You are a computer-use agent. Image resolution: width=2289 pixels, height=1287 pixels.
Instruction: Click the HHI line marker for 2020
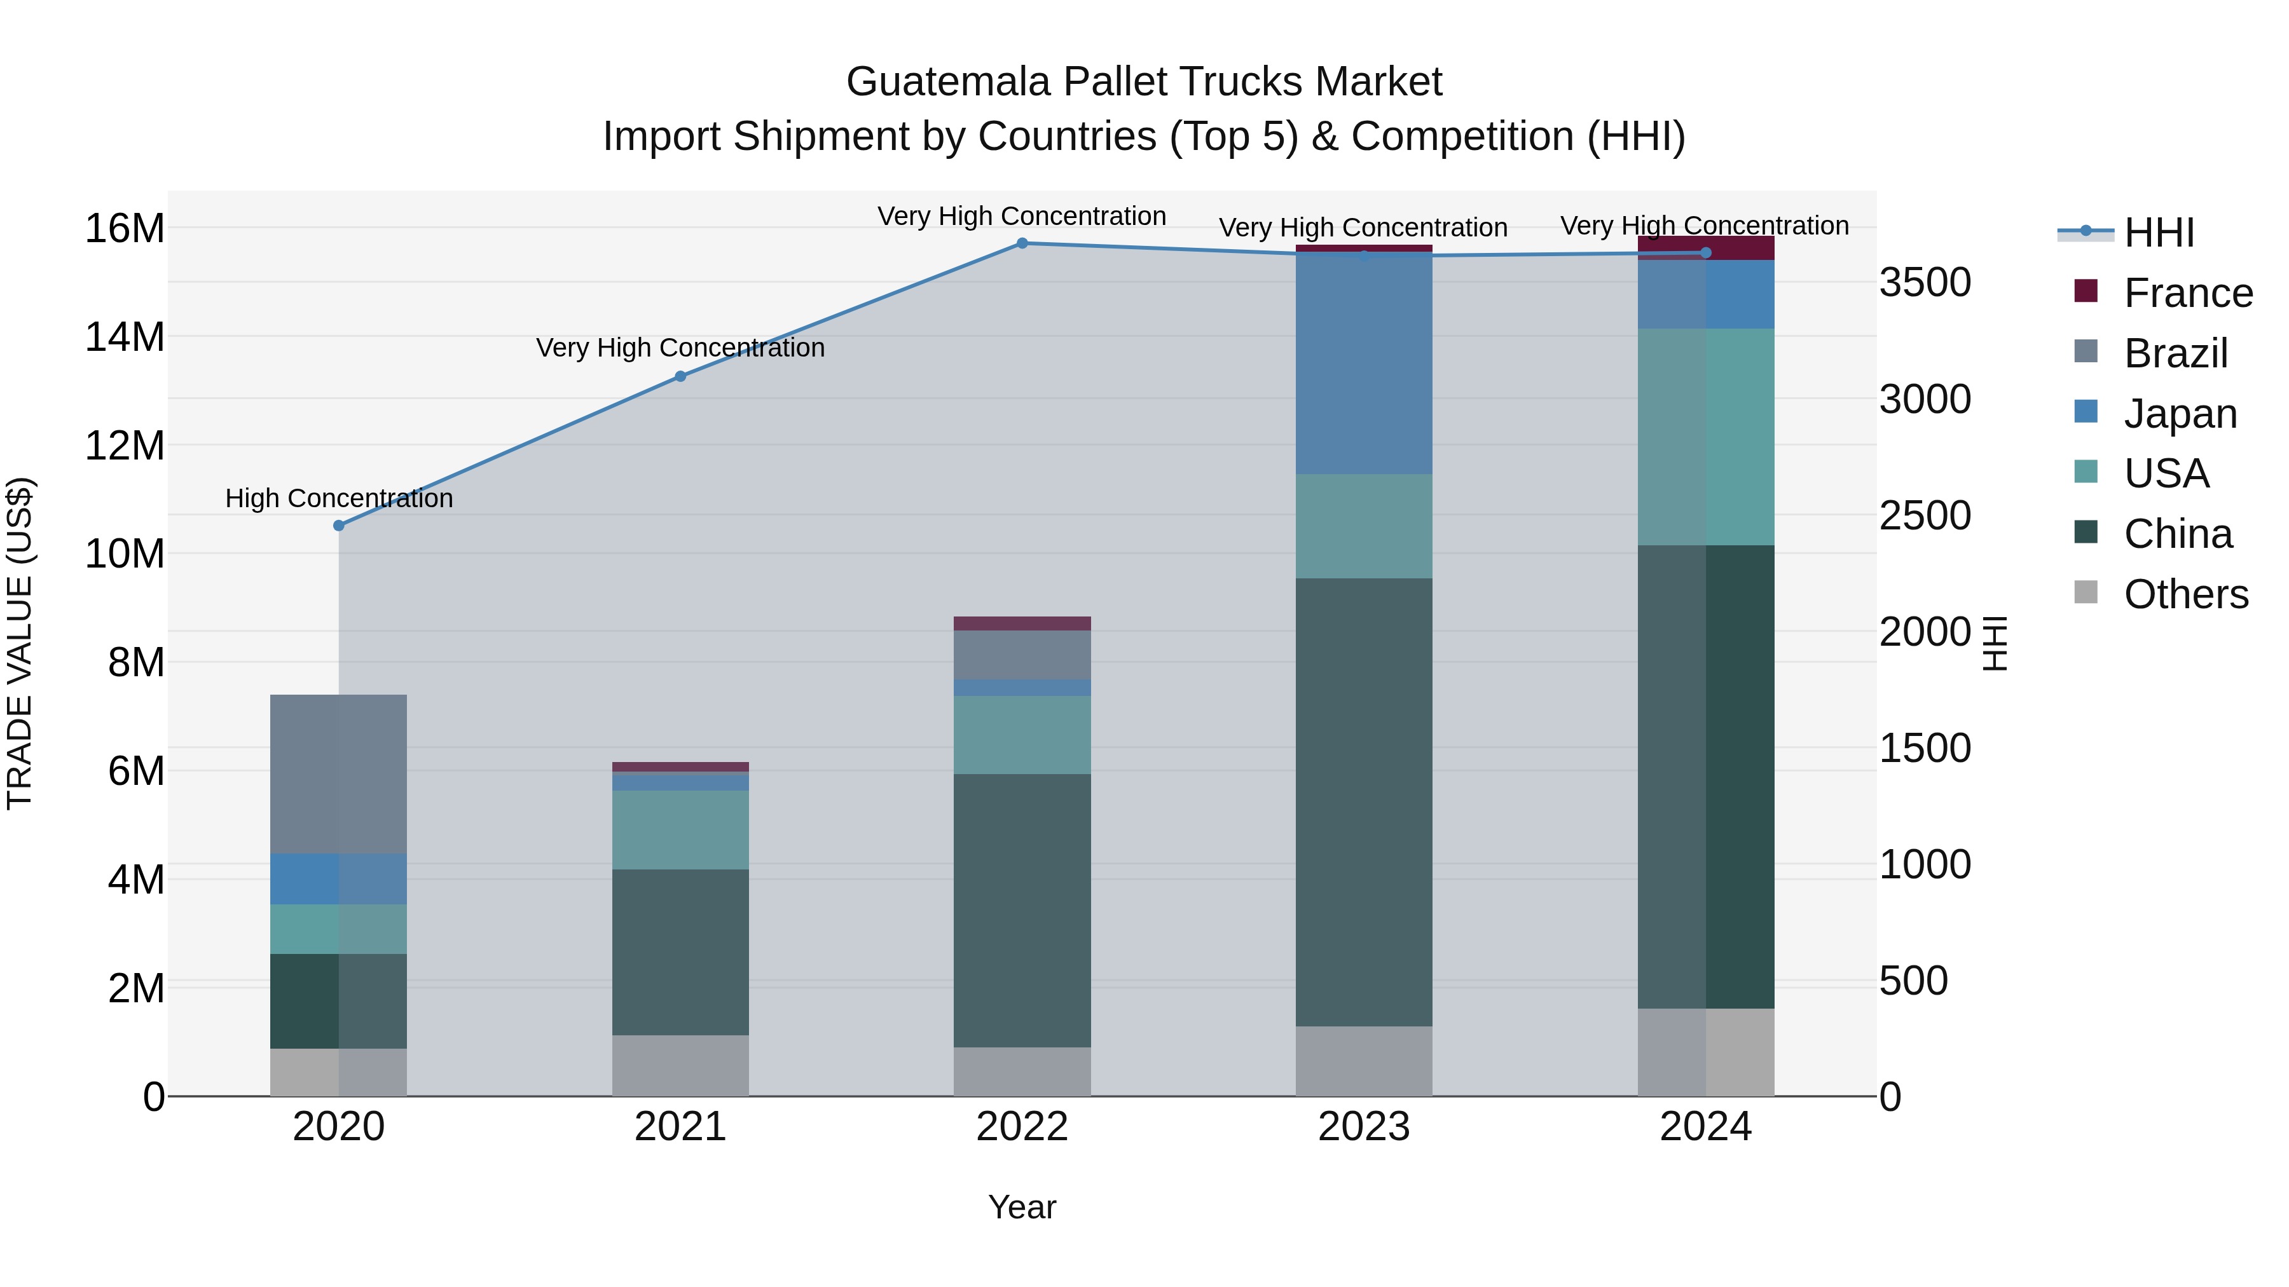(x=338, y=526)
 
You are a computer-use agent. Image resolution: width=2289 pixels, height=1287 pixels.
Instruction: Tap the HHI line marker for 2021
(x=680, y=377)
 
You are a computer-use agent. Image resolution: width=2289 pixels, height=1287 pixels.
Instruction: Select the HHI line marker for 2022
(x=1022, y=243)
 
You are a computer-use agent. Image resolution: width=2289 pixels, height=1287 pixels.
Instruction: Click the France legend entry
(x=2188, y=293)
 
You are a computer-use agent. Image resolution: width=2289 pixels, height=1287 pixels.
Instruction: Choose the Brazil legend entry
(x=2175, y=353)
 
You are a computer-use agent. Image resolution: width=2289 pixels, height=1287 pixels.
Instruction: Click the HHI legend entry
(x=2159, y=233)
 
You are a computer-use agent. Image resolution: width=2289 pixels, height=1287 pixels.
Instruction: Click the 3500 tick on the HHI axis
(x=1925, y=283)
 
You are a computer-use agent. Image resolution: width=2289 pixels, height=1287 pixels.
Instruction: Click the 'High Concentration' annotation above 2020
(x=338, y=498)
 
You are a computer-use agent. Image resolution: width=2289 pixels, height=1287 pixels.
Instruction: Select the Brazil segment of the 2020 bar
(x=338, y=775)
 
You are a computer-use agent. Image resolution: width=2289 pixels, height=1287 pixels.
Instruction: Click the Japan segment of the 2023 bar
(x=1364, y=362)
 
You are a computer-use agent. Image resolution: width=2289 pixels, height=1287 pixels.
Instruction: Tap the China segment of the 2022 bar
(x=1022, y=910)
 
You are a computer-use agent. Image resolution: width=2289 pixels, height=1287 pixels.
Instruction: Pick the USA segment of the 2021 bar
(x=680, y=829)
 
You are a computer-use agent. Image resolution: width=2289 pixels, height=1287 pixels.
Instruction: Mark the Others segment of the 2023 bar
(x=1364, y=1061)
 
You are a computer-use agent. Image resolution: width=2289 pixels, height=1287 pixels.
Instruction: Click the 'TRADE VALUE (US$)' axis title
(x=20, y=644)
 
